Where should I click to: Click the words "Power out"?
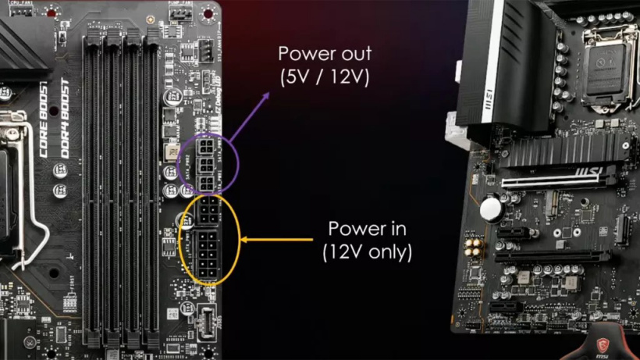(x=325, y=55)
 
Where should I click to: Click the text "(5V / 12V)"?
(x=325, y=77)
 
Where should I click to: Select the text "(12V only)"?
(x=367, y=252)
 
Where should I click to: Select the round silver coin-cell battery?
(x=490, y=207)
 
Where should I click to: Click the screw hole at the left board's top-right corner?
(x=208, y=12)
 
